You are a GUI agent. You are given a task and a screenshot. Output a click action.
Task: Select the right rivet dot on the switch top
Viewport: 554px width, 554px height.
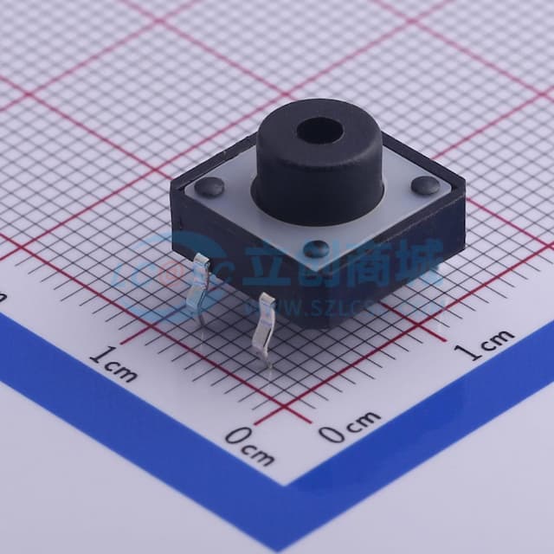coord(424,184)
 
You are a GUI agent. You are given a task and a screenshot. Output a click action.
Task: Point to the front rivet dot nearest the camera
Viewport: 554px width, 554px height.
coord(317,248)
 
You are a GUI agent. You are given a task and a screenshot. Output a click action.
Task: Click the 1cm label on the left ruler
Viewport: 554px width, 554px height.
coord(113,362)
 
